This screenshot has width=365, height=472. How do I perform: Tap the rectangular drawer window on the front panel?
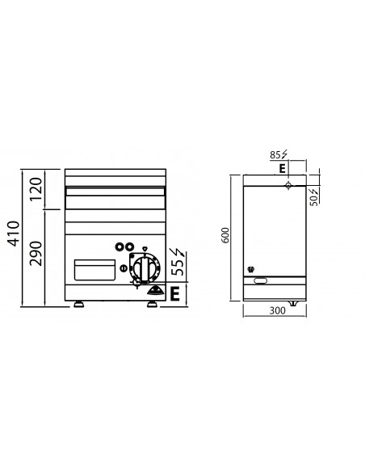[x=92, y=268]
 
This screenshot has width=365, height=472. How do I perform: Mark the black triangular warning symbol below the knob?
[x=154, y=290]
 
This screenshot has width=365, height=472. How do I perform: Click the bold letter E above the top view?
[x=281, y=168]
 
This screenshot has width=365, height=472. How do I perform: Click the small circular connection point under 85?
[x=288, y=185]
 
